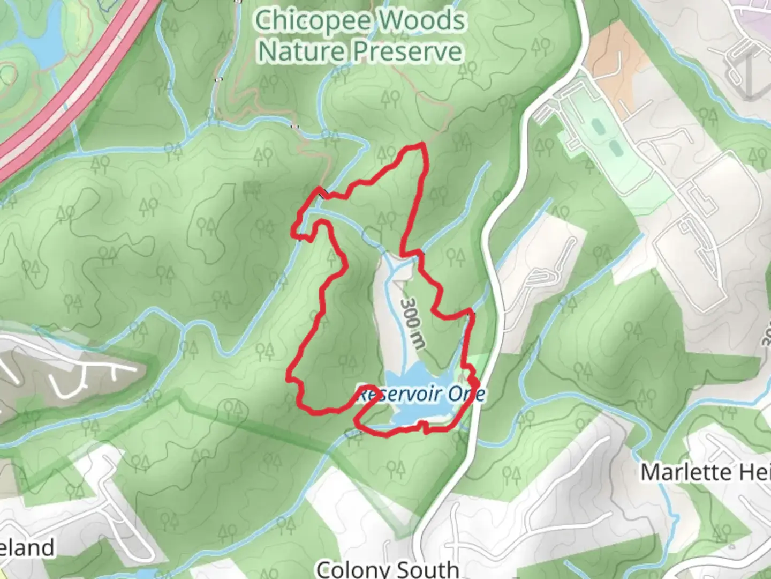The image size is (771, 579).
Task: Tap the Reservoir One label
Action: pyautogui.click(x=421, y=395)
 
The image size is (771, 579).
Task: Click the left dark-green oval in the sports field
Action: pyautogui.click(x=598, y=128)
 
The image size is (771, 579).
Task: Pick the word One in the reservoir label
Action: pyautogui.click(x=466, y=395)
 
